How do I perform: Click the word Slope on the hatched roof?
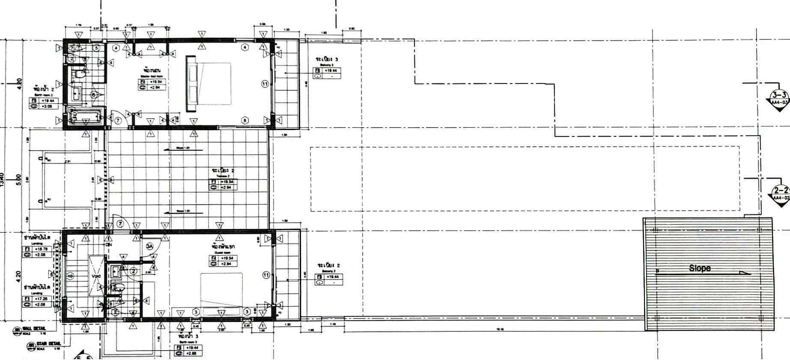pyautogui.click(x=700, y=268)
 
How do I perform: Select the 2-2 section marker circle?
pyautogui.click(x=780, y=190)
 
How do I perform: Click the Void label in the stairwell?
pyautogui.click(x=95, y=276)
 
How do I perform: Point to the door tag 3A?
pyautogui.click(x=149, y=246)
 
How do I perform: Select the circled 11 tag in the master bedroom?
pyautogui.click(x=265, y=84)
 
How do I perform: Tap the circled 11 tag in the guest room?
pyautogui.click(x=266, y=275)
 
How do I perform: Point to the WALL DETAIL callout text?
pyautogui.click(x=36, y=329)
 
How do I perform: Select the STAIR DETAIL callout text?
pyautogui.click(x=48, y=344)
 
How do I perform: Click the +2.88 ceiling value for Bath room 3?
pyautogui.click(x=191, y=354)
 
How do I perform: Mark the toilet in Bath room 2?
pyautogui.click(x=77, y=74)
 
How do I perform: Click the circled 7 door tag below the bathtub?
pyautogui.click(x=119, y=121)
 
